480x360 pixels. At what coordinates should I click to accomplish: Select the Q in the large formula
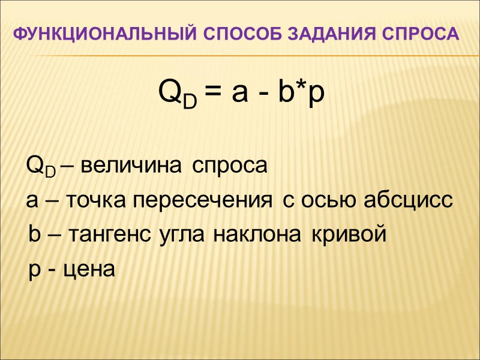pyautogui.click(x=170, y=92)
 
